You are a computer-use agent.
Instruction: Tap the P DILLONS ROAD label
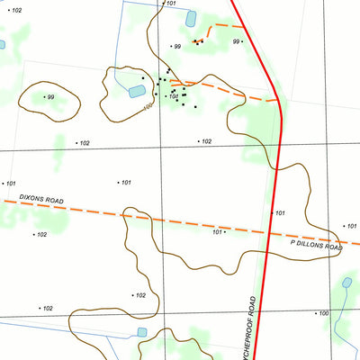pyautogui.click(x=316, y=245)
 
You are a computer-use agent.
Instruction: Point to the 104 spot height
pyautogui.click(x=173, y=96)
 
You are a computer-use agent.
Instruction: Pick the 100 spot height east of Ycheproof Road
pyautogui.click(x=321, y=313)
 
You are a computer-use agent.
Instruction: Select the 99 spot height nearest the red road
pyautogui.click(x=237, y=41)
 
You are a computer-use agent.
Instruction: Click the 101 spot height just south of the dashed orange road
pyautogui.click(x=217, y=232)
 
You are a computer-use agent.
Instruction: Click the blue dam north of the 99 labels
pyautogui.click(x=191, y=18)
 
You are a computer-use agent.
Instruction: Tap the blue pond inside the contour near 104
pyautogui.click(x=136, y=92)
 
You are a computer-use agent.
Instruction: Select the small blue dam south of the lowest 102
pyautogui.click(x=142, y=332)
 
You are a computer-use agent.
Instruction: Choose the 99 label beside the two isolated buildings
pyautogui.click(x=176, y=46)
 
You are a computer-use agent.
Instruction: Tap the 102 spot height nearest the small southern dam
pyautogui.click(x=139, y=295)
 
